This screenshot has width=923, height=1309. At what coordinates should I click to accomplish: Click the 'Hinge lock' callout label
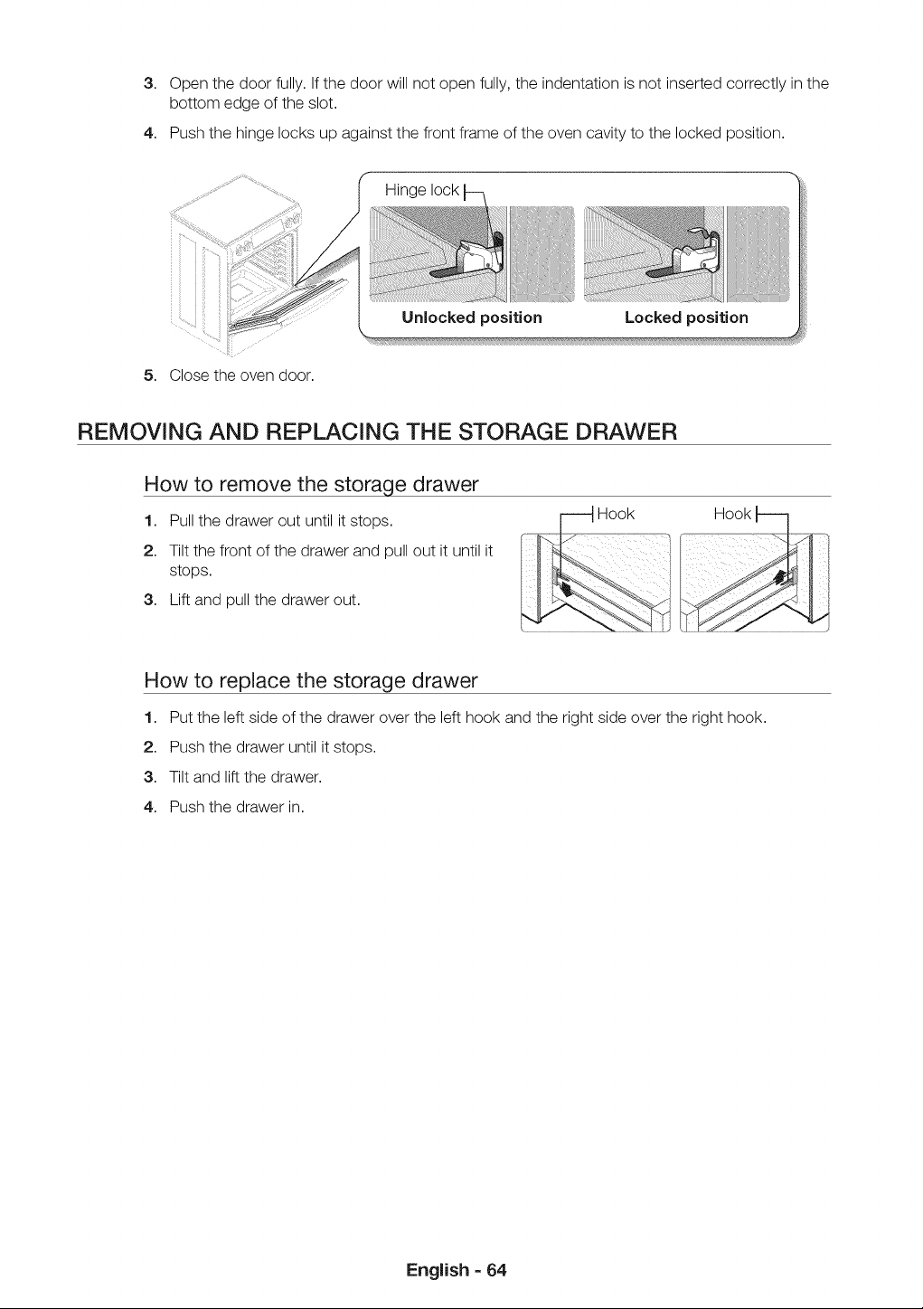click(421, 191)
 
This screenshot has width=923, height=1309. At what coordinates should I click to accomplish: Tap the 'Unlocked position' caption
click(472, 318)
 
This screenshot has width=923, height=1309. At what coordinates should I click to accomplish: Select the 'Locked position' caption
click(686, 318)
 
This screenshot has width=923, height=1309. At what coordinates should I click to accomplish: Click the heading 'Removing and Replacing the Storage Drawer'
click(377, 432)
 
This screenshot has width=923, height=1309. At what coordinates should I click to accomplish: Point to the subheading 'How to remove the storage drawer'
click(311, 485)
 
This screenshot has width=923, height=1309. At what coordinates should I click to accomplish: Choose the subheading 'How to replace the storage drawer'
click(311, 681)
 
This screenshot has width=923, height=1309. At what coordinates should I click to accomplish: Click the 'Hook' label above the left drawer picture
click(616, 514)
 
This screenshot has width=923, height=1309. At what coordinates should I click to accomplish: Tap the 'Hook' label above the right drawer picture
click(732, 514)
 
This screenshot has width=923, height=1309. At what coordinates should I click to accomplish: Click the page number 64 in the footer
click(497, 1270)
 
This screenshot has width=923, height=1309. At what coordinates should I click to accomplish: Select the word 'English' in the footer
click(438, 1270)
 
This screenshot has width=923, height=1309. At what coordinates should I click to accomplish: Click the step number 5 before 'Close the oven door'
click(149, 375)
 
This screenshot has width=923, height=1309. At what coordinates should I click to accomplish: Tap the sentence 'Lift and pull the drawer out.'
click(265, 600)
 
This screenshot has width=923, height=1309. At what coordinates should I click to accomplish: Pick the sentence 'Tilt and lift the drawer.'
click(245, 777)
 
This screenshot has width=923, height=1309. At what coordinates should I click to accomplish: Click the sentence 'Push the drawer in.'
click(237, 807)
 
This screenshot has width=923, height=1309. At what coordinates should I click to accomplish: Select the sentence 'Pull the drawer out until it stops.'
click(281, 521)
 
